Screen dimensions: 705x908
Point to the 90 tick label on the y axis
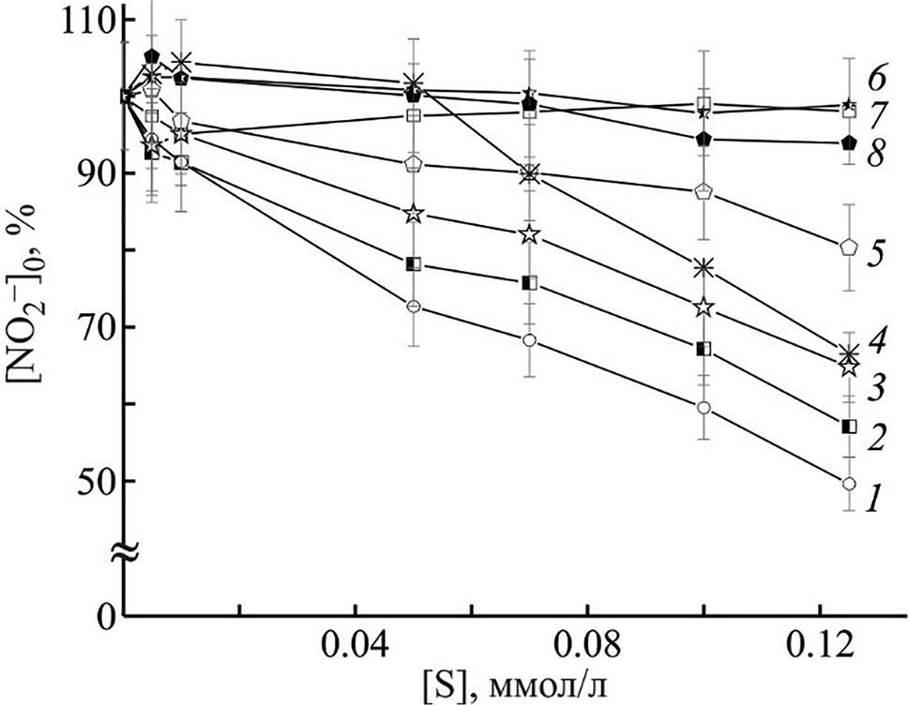click(92, 174)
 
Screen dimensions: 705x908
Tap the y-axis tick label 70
click(92, 328)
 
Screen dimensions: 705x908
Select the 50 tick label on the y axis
click(92, 481)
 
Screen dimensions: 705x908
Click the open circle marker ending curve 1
click(849, 484)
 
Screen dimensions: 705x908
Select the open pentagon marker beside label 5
click(849, 247)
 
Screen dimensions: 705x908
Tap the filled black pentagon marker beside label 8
click(849, 142)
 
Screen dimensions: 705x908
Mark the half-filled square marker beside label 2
click(849, 427)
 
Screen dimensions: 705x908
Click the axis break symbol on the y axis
click(126, 553)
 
